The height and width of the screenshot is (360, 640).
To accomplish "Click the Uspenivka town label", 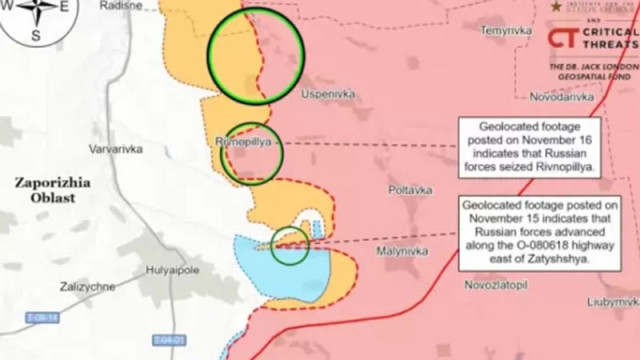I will coord(328,95).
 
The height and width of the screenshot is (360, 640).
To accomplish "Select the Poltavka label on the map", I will coord(410,189).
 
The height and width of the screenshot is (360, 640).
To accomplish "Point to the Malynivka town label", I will coord(402,251).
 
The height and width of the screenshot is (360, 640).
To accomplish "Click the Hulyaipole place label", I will coord(173,270).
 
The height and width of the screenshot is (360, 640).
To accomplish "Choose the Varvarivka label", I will coord(116,150).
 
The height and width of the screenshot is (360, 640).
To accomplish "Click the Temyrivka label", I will coord(505,31).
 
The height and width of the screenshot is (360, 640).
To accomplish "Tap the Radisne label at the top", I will coord(121,5).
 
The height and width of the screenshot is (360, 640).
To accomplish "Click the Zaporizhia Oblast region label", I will coord(52,190).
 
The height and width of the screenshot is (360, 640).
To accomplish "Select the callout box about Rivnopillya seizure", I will coord(529,147).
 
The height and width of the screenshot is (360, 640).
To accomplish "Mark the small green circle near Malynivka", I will coord(290,246).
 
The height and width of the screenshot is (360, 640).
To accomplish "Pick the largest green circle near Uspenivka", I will coord(255,56).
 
